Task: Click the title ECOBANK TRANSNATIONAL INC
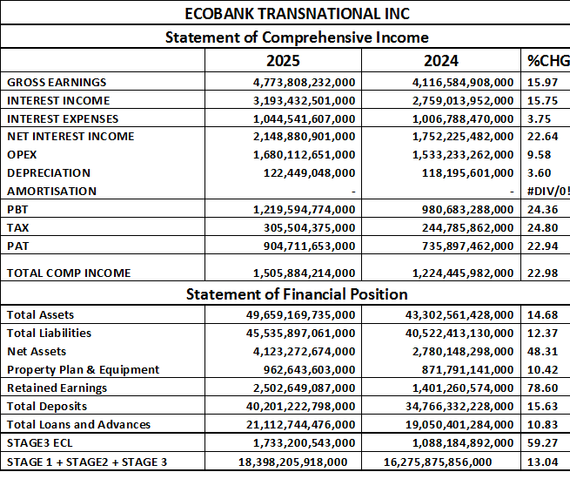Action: pos(285,14)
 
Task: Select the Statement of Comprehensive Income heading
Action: pos(285,37)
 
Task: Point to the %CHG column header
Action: pos(546,61)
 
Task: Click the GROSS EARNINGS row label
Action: pos(57,82)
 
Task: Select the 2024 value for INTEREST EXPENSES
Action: pos(462,118)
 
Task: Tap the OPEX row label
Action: pos(22,154)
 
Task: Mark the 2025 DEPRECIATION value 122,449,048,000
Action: pos(309,172)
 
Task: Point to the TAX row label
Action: pos(18,227)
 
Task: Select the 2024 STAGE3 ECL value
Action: pos(462,442)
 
